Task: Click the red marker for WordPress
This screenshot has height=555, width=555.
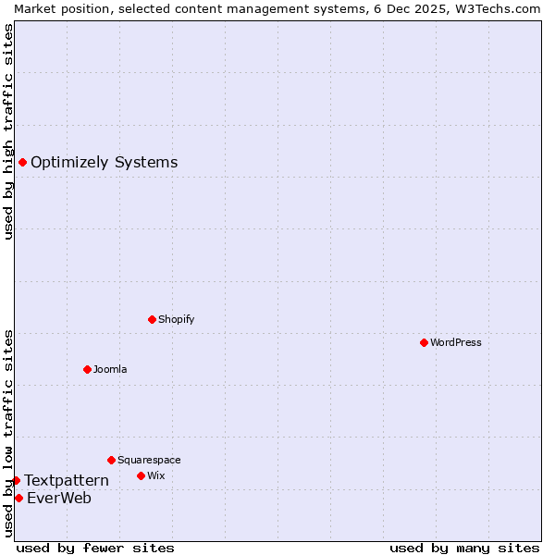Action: click(x=424, y=342)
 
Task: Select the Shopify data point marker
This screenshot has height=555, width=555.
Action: click(x=152, y=319)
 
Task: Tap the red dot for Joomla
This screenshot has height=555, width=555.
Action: click(x=87, y=369)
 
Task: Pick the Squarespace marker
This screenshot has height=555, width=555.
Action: click(x=111, y=460)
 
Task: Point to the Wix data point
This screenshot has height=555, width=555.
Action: click(x=141, y=475)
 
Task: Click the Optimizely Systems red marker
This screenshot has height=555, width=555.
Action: click(x=22, y=163)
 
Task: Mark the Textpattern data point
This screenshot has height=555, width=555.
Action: click(x=16, y=480)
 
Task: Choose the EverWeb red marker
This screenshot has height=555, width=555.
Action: click(x=18, y=498)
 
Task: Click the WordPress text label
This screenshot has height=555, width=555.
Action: click(x=455, y=342)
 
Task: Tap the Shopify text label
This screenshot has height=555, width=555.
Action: click(x=176, y=319)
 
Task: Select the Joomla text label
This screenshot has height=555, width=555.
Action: click(x=110, y=369)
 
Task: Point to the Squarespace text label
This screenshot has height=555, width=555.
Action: click(x=149, y=460)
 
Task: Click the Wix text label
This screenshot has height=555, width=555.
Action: click(x=155, y=475)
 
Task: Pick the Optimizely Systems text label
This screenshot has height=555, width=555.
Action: click(x=104, y=163)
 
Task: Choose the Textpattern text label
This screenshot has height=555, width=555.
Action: click(x=67, y=480)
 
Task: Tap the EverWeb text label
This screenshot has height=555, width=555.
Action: click(x=59, y=498)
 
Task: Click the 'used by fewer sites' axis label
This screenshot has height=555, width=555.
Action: click(x=95, y=548)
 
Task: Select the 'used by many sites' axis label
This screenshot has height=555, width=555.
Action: click(x=464, y=548)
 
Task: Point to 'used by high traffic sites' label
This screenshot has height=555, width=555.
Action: click(x=8, y=131)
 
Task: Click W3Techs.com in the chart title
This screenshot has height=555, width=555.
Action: click(x=495, y=8)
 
